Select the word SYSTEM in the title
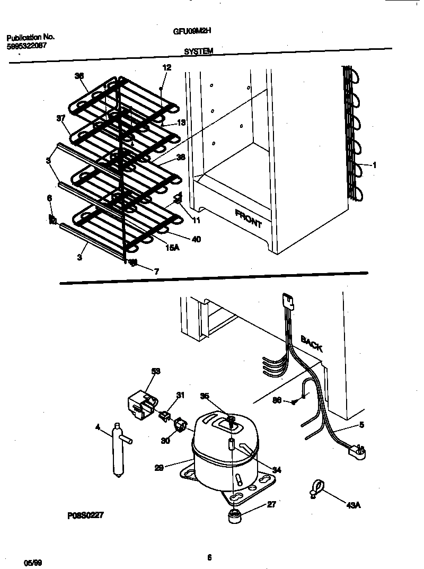pos(199,51)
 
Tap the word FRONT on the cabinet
pos(248,217)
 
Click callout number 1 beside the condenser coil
pos(374,165)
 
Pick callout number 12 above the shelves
pos(166,67)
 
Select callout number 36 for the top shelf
pos(79,76)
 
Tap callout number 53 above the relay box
pos(155,371)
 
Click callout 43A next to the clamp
pos(354,504)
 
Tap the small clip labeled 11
pos(178,200)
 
